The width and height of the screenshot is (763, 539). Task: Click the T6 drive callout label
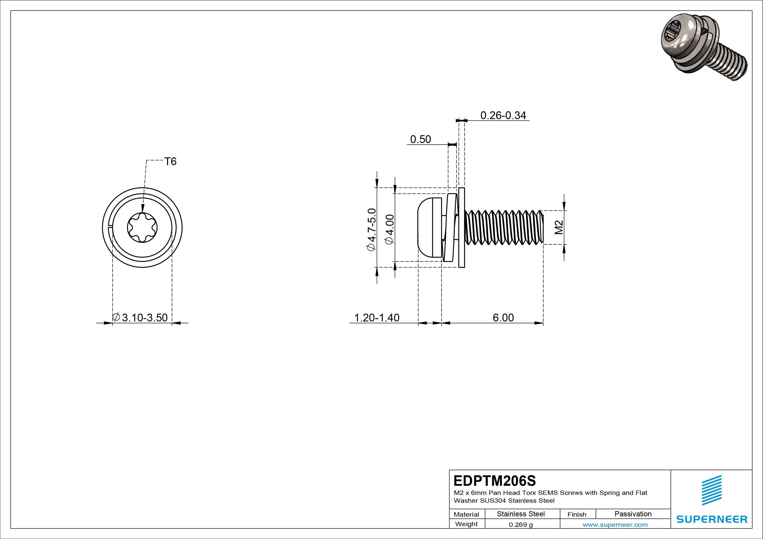[170, 162]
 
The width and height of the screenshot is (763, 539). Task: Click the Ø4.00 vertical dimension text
[390, 229]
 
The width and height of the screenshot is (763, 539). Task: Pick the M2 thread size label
[559, 228]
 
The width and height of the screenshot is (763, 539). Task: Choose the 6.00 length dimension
[503, 318]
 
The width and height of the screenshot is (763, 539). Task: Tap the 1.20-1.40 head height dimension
[376, 318]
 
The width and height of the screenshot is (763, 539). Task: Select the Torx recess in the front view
[142, 228]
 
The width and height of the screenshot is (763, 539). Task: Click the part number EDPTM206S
[494, 481]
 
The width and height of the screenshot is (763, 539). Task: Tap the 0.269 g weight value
[521, 525]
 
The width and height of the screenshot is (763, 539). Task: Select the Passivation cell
[633, 514]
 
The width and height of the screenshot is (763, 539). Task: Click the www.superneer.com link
[615, 525]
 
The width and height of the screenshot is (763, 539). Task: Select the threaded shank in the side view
[504, 228]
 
